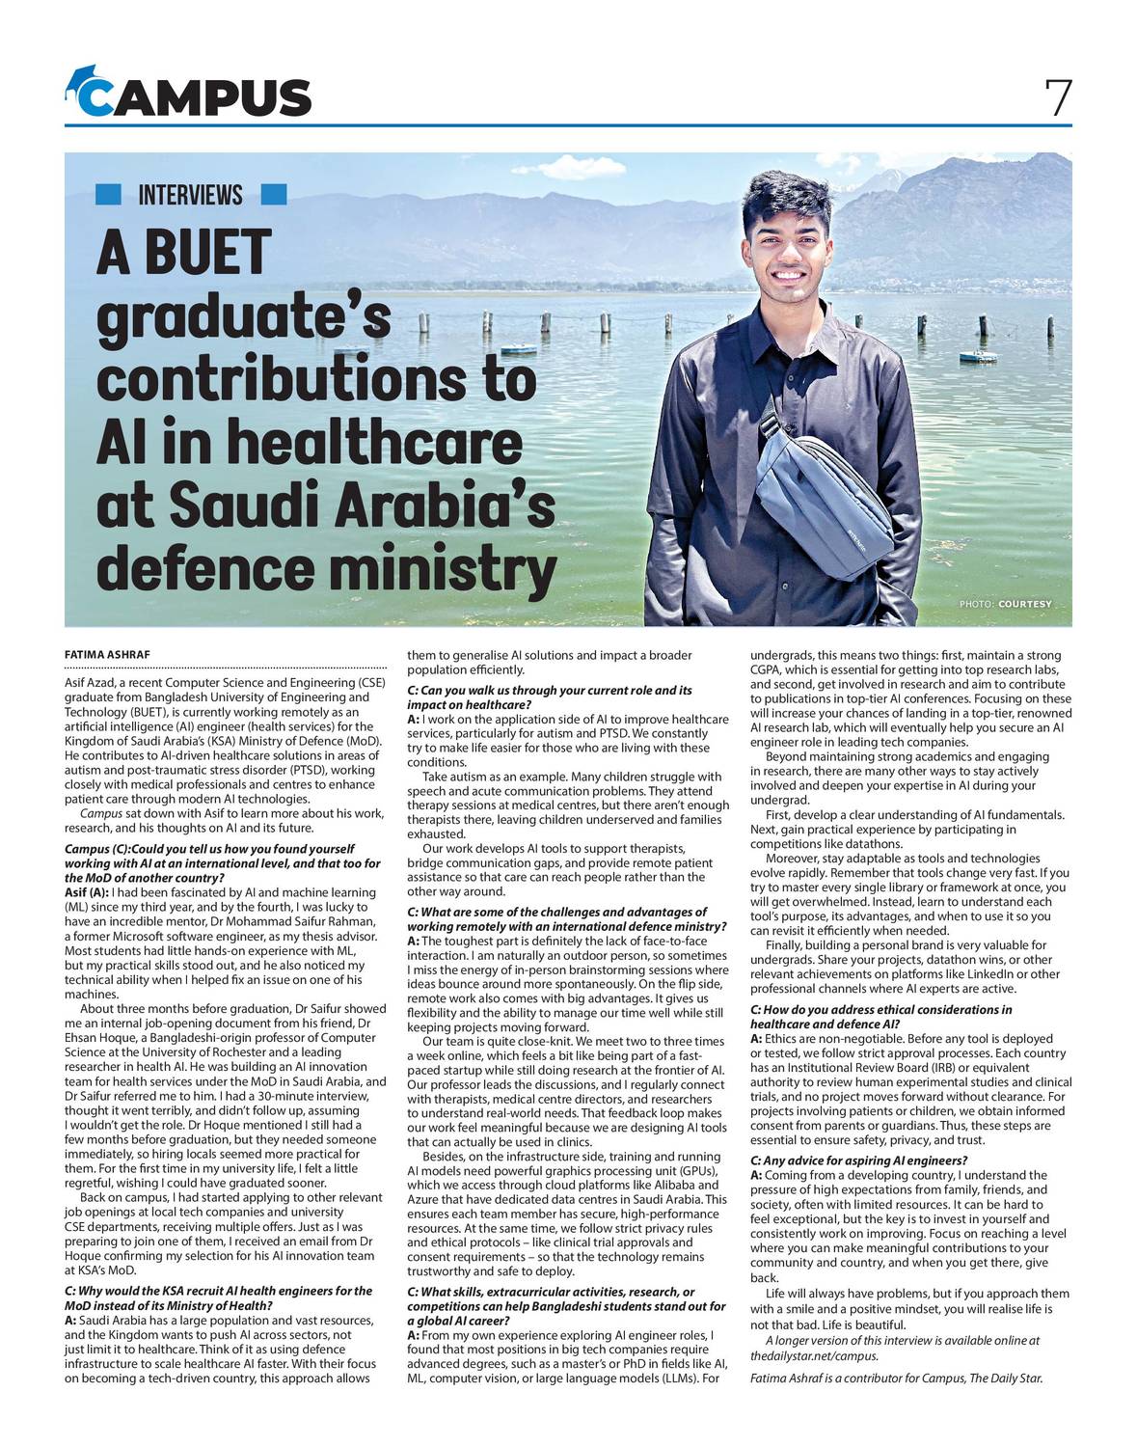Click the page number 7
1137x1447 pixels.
point(1057,96)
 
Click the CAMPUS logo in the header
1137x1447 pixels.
point(189,96)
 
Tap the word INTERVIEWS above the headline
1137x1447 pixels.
point(190,195)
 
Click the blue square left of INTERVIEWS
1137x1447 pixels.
point(109,195)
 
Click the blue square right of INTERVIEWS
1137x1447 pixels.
point(274,195)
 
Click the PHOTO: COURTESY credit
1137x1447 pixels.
point(1005,604)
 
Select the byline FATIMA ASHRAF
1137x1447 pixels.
point(107,655)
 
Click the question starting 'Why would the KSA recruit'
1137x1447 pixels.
point(218,1297)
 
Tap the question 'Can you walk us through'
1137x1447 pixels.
point(550,697)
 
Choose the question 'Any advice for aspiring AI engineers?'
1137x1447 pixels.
point(858,1160)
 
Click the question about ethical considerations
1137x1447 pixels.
point(880,1017)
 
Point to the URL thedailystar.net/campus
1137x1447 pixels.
point(814,1355)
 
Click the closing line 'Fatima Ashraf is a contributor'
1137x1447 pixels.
point(896,1378)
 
